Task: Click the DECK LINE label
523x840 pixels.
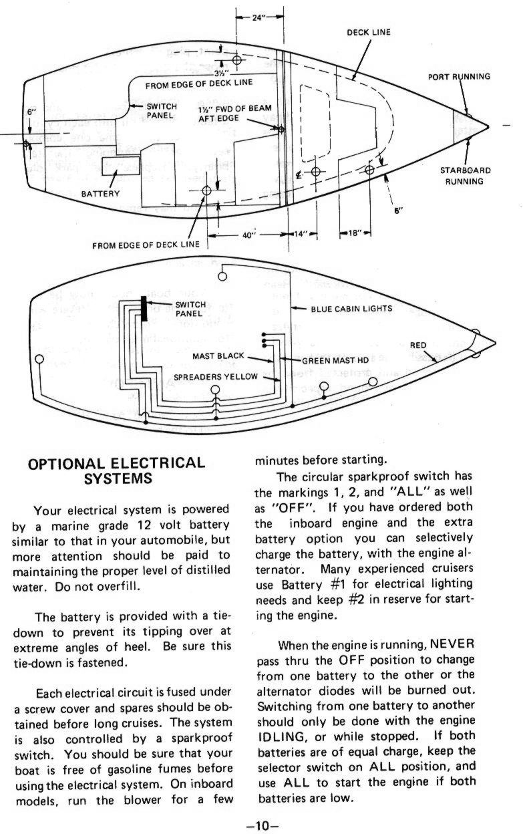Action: coord(368,31)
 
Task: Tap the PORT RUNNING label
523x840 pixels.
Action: coord(459,76)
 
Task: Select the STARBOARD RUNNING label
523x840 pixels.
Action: coord(465,175)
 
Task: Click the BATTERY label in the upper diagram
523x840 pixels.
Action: coord(100,194)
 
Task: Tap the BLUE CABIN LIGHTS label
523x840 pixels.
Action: coord(351,309)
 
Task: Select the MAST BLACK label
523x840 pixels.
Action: coord(218,356)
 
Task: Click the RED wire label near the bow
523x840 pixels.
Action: coord(418,345)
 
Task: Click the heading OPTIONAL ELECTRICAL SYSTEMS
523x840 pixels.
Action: coord(115,470)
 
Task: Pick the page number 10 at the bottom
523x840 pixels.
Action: coord(261,826)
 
